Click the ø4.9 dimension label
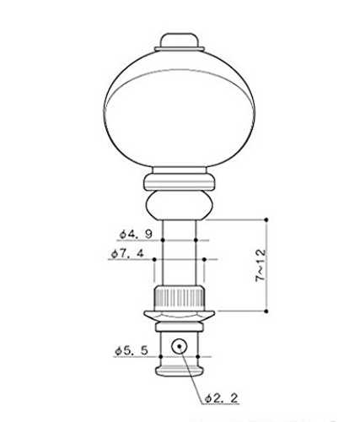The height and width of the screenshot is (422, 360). (x=136, y=234)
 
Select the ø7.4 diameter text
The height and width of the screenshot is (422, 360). (x=127, y=253)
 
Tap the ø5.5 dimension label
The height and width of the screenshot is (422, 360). (x=132, y=351)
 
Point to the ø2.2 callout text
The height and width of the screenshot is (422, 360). (x=222, y=398)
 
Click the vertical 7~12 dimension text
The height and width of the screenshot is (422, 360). (x=261, y=265)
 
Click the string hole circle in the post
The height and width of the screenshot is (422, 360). (x=180, y=346)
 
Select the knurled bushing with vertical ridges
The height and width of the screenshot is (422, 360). (x=179, y=296)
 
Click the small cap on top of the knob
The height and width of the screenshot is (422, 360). (x=180, y=42)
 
